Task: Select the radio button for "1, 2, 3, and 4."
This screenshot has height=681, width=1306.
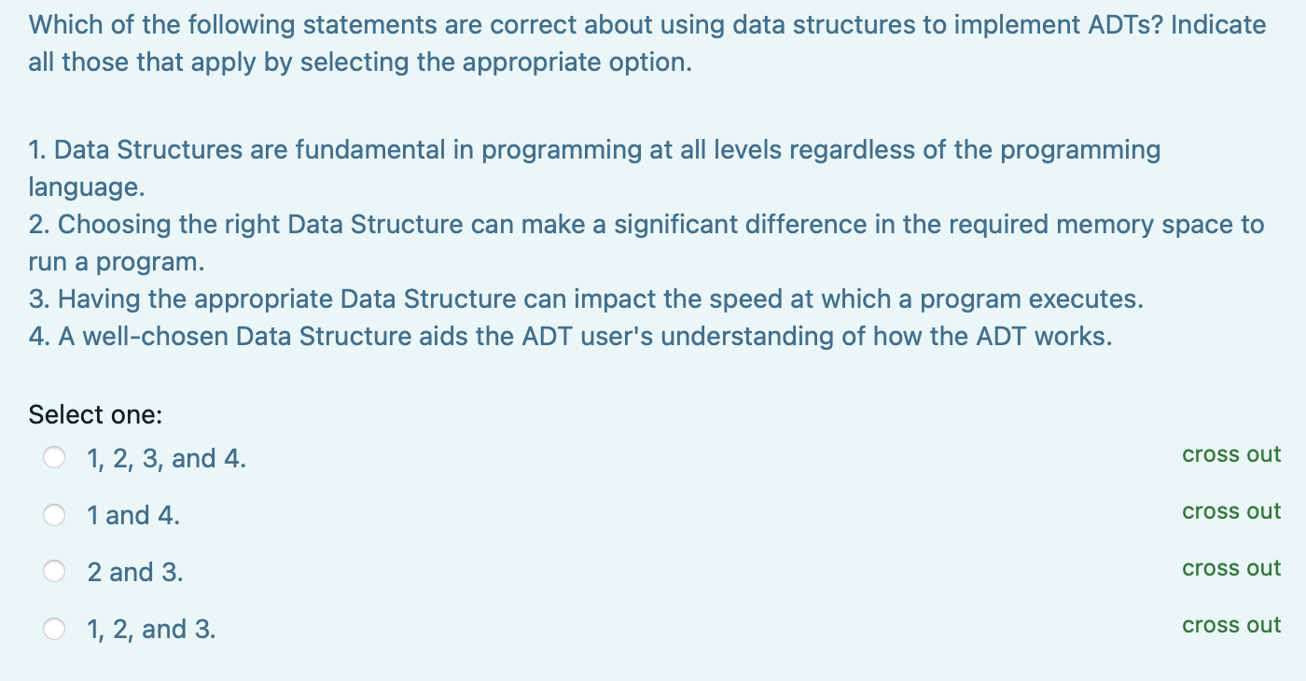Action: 55,458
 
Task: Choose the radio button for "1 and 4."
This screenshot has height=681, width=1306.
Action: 55,515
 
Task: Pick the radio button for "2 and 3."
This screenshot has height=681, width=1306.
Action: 55,572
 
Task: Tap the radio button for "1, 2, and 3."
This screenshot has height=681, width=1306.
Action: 55,629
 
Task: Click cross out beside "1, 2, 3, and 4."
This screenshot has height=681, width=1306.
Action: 1231,454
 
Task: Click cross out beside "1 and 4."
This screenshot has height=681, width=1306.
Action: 1231,511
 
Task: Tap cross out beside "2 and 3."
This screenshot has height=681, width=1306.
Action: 1231,568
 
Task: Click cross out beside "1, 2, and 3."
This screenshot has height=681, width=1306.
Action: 1231,625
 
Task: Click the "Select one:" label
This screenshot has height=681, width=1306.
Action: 96,414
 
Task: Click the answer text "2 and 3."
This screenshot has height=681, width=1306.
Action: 135,572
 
